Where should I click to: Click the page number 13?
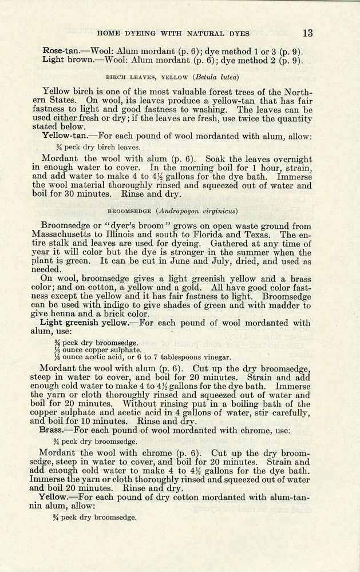[308, 33]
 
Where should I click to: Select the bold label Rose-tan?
[61, 50]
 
